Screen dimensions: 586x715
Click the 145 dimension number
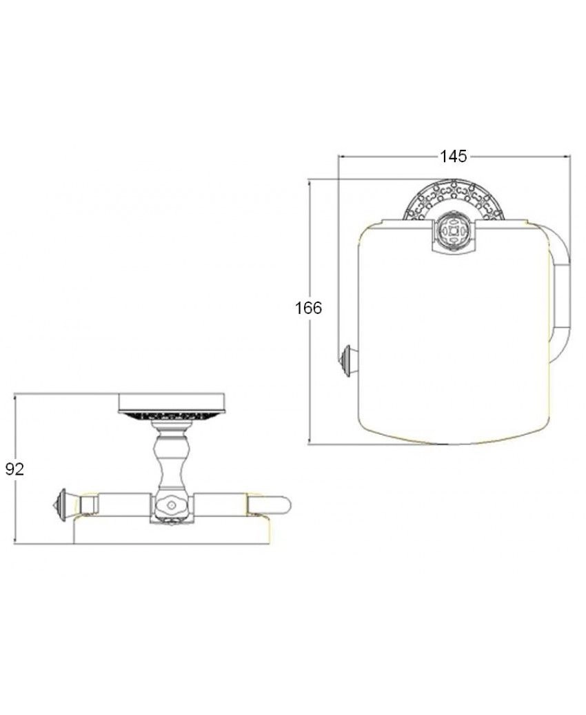tap(454, 157)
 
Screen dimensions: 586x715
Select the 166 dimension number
tap(308, 308)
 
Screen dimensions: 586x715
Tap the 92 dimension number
tap(14, 469)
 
